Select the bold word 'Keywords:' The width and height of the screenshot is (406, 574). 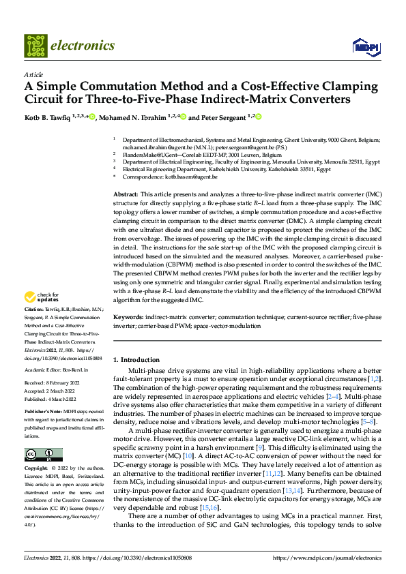[x=128, y=318]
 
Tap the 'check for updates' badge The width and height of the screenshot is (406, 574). [x=40, y=297]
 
